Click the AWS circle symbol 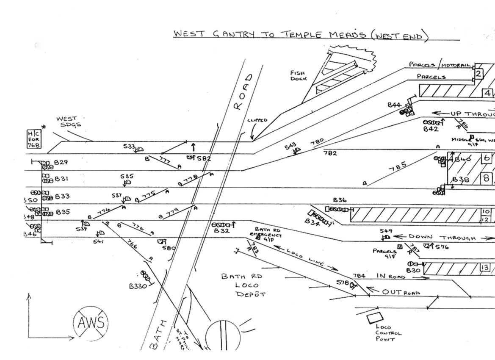[x=90, y=323]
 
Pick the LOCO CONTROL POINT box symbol [x=374, y=318]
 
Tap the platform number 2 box [x=478, y=74]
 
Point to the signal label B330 [x=138, y=286]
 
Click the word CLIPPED [x=257, y=120]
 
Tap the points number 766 [x=132, y=246]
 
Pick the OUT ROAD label [x=400, y=292]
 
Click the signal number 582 [x=204, y=159]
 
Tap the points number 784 [x=359, y=276]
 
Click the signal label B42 [x=431, y=130]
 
